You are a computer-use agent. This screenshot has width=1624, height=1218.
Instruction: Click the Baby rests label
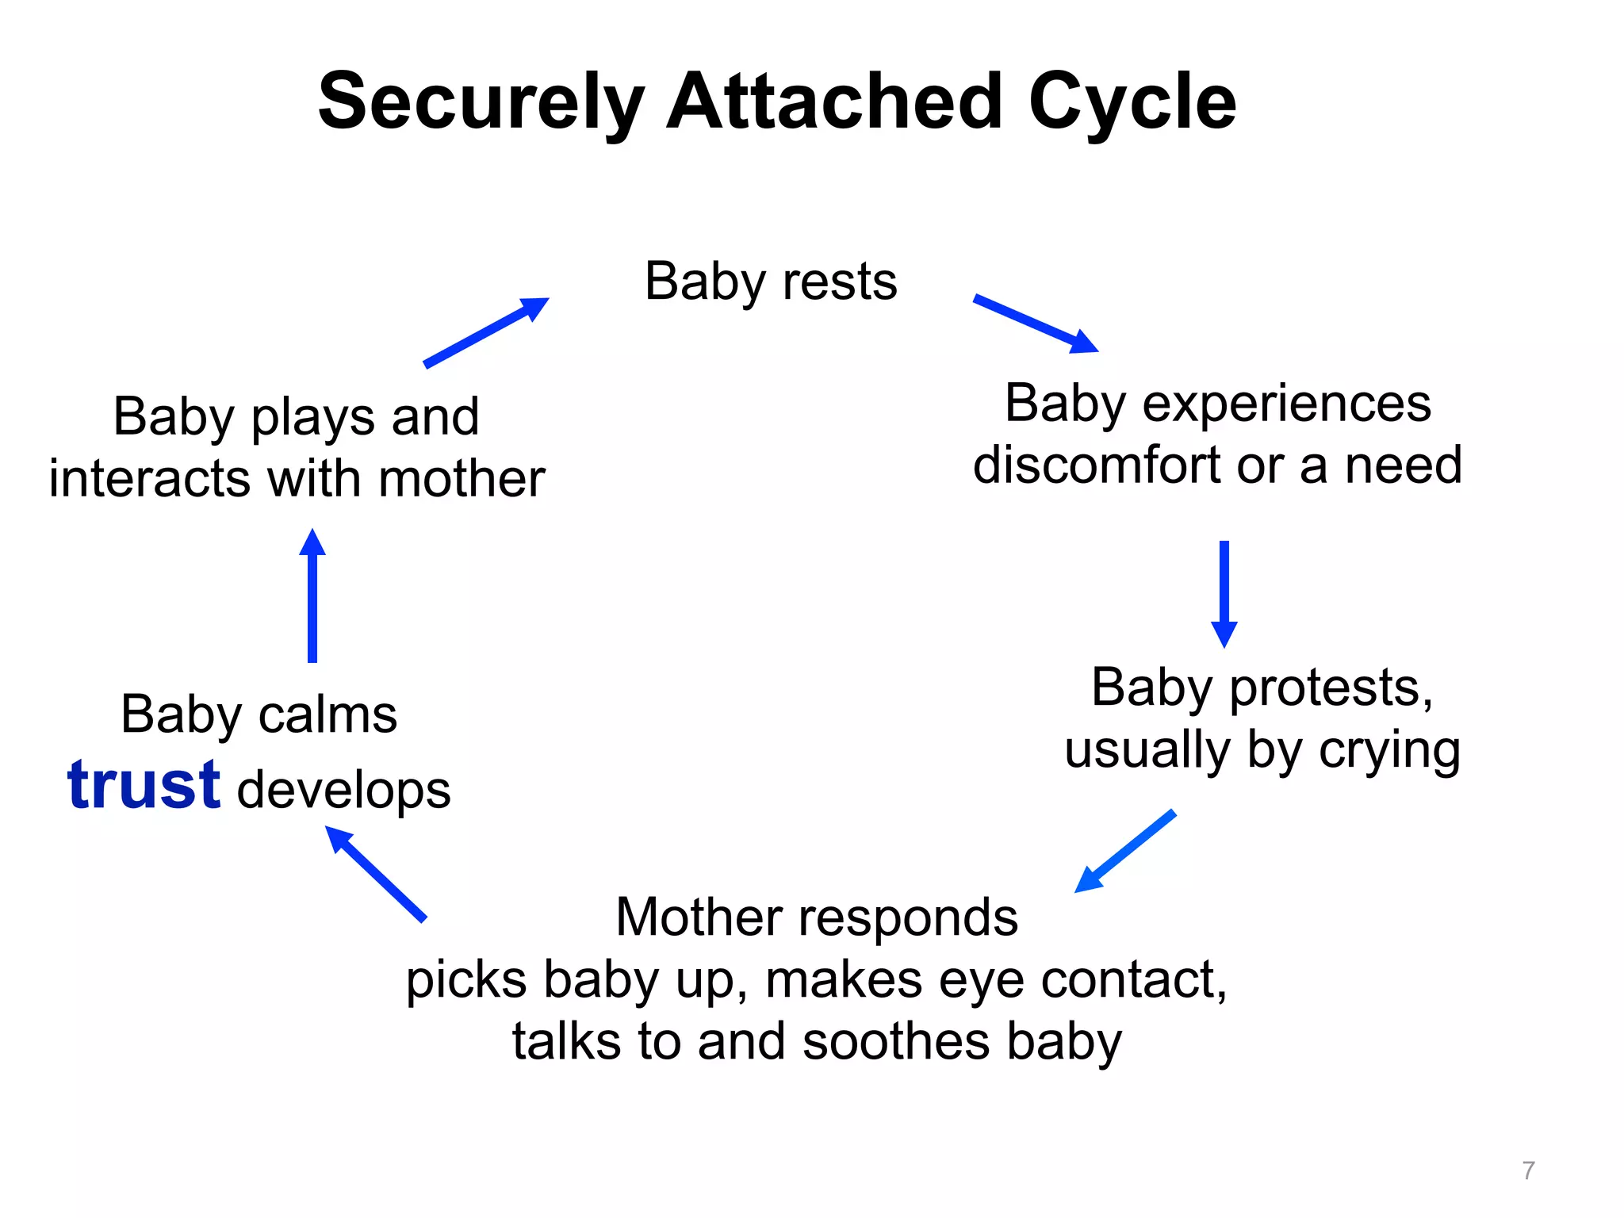coord(771,282)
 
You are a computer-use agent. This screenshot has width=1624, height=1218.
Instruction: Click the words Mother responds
coord(817,917)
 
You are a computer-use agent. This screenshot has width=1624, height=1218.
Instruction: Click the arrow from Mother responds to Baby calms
coord(376,874)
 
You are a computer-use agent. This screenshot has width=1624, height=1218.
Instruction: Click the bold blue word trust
coord(144,786)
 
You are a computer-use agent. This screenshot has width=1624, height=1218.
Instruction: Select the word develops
coord(343,791)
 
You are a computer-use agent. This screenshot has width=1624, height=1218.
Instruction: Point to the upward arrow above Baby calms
coord(312,596)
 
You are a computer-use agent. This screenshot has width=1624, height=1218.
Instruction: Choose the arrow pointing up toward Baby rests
coord(486,332)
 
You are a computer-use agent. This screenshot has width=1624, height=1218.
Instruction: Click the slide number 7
coord(1528,1170)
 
